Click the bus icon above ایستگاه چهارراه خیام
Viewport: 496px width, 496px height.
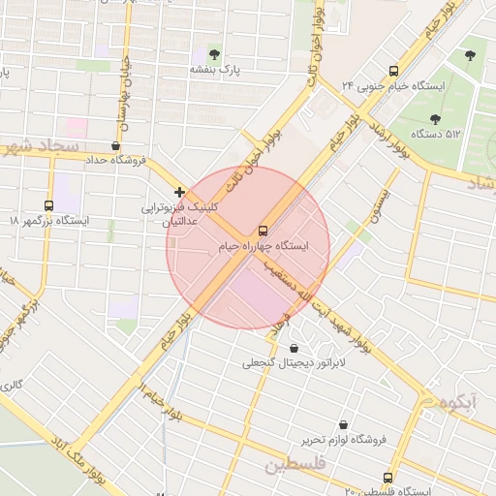263,231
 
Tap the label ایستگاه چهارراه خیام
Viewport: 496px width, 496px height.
263,248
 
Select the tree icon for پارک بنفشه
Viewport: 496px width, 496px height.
213,54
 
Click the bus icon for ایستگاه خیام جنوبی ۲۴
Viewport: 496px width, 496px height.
393,71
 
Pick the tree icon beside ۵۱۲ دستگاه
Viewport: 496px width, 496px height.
472,54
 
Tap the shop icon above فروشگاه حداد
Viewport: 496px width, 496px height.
116,145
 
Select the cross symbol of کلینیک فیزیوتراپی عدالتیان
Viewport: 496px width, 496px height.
180,192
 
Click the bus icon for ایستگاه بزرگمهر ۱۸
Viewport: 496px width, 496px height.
48,205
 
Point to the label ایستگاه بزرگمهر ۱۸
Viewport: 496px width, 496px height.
48,221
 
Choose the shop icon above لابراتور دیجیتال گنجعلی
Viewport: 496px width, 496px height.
294,348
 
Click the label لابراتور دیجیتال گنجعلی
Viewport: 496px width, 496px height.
281,363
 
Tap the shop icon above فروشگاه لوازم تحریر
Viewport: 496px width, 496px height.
343,424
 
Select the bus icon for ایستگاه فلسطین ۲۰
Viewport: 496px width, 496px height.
388,478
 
